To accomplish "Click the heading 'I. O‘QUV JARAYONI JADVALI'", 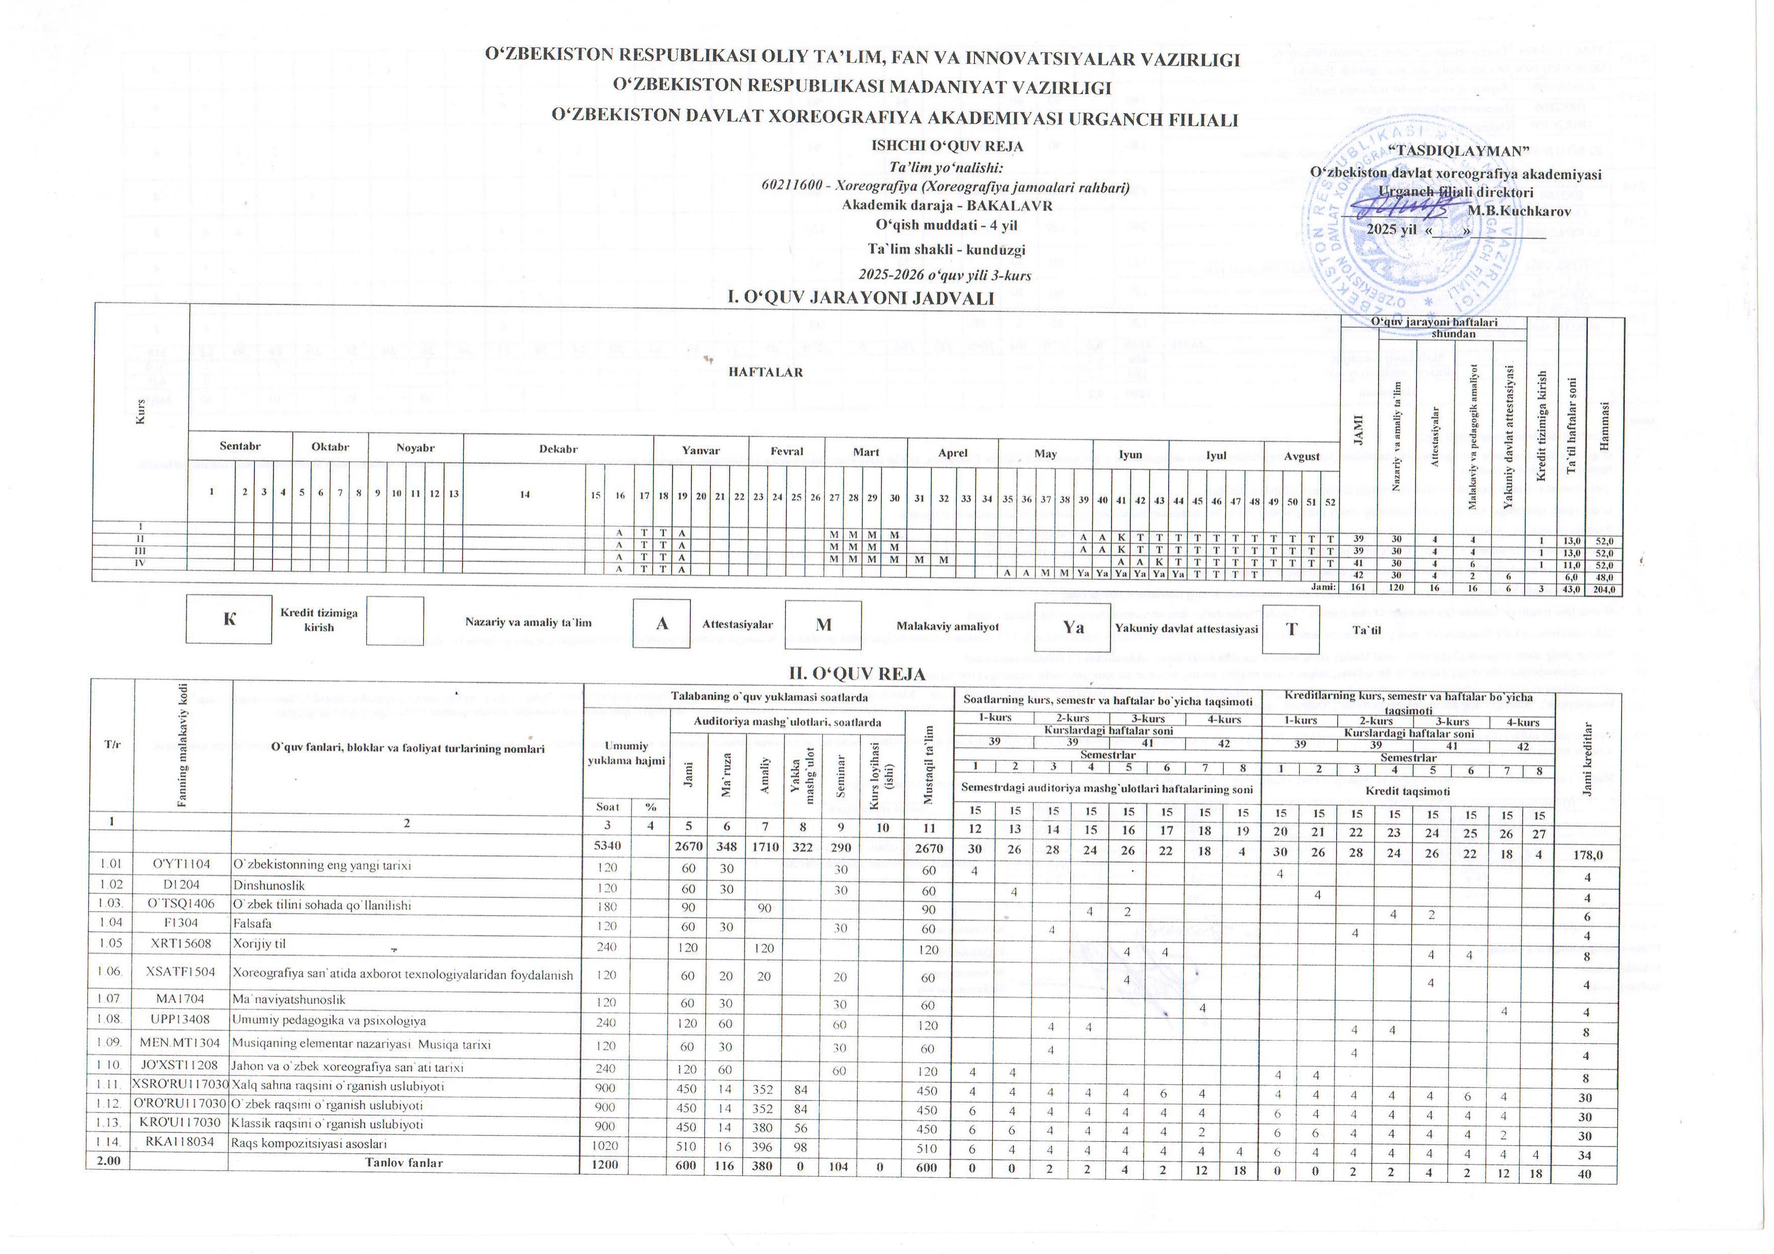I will (x=861, y=297).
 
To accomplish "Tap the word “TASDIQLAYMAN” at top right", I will (x=1456, y=151).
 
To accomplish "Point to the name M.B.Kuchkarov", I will (x=1518, y=210).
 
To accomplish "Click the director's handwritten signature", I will (x=1400, y=205).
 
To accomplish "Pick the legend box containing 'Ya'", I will (x=1073, y=628).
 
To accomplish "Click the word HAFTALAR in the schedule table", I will (x=766, y=372).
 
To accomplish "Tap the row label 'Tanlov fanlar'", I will (x=404, y=1163).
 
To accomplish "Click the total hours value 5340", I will (x=606, y=847).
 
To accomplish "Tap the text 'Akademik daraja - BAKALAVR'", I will (x=947, y=205).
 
